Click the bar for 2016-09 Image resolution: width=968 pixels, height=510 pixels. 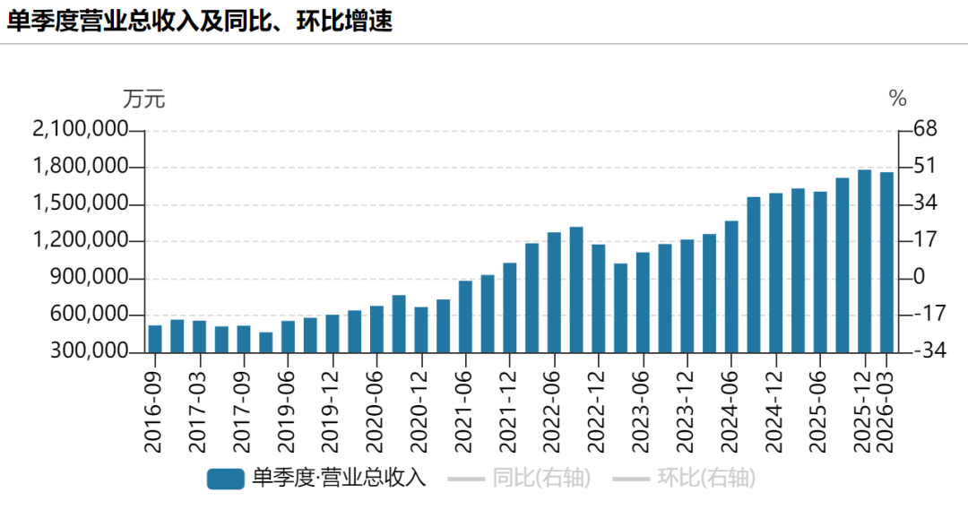(x=155, y=339)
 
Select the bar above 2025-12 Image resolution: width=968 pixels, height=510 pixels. (x=864, y=261)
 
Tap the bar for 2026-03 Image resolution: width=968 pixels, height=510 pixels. (x=886, y=263)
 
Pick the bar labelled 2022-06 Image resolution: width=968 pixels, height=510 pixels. (x=555, y=293)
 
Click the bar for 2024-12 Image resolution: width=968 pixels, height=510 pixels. (x=776, y=272)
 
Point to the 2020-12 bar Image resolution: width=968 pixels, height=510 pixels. (x=421, y=330)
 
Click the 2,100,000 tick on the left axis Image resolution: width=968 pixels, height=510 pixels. (x=81, y=130)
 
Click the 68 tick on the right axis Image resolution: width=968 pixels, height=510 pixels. (x=925, y=129)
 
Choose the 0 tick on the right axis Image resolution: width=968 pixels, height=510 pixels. (x=920, y=277)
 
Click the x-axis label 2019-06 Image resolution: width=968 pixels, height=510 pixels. (x=287, y=411)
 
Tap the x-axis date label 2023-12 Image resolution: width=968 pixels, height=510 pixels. (x=686, y=411)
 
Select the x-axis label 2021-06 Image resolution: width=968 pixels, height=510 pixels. (x=464, y=411)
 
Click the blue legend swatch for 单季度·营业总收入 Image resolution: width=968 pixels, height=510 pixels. (x=225, y=479)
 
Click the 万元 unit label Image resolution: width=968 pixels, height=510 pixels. (x=143, y=99)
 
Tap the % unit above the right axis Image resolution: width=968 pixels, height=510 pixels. (x=897, y=99)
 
